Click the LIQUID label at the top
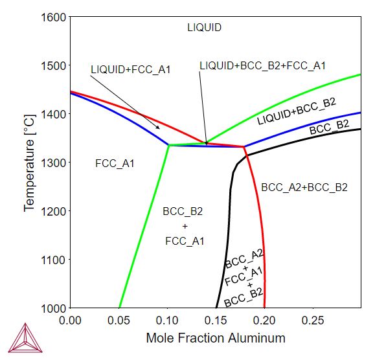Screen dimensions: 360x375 pos(205,27)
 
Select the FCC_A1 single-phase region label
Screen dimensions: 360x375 pos(115,163)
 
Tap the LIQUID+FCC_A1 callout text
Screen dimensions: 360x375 pos(131,69)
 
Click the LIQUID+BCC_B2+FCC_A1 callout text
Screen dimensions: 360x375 pos(262,65)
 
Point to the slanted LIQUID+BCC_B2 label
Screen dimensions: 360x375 pos(297,112)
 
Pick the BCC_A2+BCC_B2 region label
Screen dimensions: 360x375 pos(304,188)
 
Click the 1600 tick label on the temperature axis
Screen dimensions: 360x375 pos(53,17)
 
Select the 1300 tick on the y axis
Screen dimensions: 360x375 pos(53,163)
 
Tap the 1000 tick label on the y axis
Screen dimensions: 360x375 pos(53,308)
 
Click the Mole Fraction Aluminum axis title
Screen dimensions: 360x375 pos(216,338)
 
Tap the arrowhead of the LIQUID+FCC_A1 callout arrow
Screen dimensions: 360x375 pos(159,128)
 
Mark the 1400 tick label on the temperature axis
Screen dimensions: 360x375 pos(53,114)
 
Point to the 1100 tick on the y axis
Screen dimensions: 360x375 pos(53,260)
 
